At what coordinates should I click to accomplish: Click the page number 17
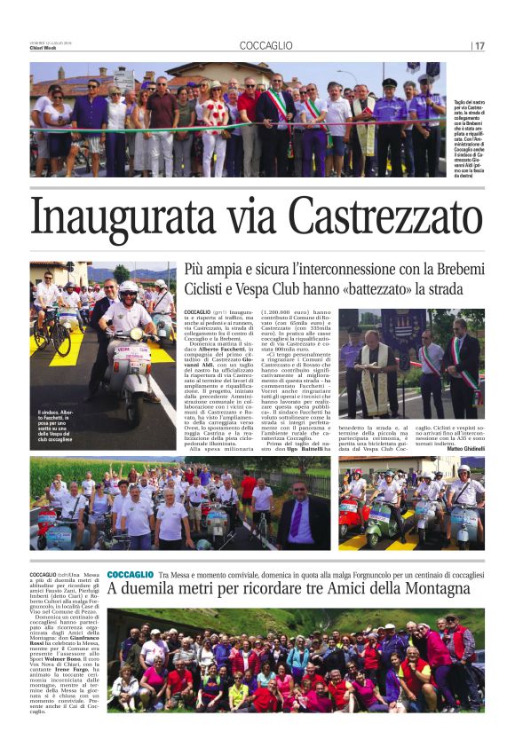[479, 45]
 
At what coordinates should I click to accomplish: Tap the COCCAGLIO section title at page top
[265, 45]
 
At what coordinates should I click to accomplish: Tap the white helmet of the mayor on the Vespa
[128, 287]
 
